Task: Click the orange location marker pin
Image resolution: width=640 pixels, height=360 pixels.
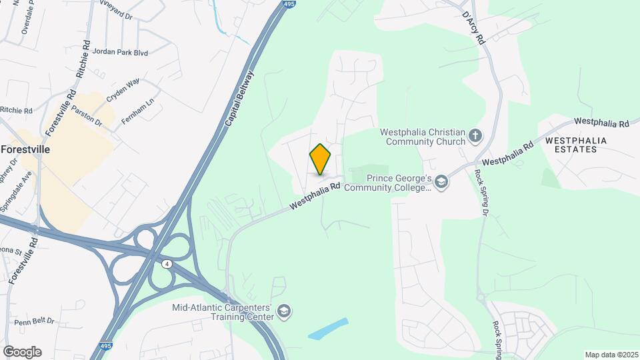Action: pyautogui.click(x=320, y=159)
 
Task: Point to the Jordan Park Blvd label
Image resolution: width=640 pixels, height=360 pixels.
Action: pyautogui.click(x=121, y=52)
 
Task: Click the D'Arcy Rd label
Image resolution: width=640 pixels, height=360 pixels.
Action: pyautogui.click(x=474, y=28)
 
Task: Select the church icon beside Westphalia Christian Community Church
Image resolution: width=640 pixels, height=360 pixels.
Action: pyautogui.click(x=475, y=136)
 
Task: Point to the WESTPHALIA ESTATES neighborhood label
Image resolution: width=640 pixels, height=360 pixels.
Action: pyautogui.click(x=571, y=145)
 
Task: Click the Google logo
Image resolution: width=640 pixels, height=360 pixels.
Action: pyautogui.click(x=22, y=351)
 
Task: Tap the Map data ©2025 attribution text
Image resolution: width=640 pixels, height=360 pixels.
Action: pyautogui.click(x=610, y=355)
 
